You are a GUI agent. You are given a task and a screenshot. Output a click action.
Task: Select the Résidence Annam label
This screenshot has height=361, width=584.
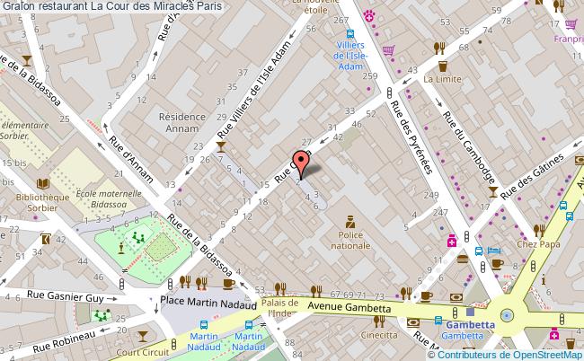tap(183, 122)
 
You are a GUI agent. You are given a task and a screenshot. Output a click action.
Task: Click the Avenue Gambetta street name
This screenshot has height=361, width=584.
tap(351, 307)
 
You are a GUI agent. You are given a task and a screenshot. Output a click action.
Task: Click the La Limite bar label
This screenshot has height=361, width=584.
tap(442, 79)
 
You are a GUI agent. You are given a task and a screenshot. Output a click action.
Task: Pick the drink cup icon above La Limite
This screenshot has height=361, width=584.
tap(442, 65)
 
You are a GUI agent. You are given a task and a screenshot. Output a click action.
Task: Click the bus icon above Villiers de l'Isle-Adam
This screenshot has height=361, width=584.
tap(351, 37)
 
